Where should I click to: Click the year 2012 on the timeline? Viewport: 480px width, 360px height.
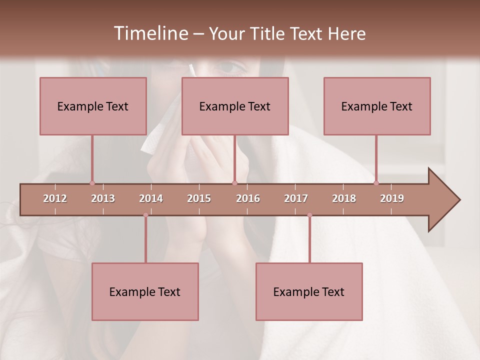tap(55, 198)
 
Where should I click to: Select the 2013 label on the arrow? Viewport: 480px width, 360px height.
tap(103, 198)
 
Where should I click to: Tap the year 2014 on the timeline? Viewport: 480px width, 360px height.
tap(151, 198)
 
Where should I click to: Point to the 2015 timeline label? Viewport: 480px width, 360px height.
tap(199, 198)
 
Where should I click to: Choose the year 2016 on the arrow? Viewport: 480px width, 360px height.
tap(248, 198)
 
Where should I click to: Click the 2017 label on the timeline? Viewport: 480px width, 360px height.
tap(296, 198)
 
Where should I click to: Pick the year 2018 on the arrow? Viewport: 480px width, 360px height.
tap(344, 198)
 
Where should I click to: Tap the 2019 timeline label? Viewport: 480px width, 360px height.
tap(392, 198)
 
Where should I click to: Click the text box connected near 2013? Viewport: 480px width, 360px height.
tap(93, 106)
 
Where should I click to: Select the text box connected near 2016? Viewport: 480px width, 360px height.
tap(235, 106)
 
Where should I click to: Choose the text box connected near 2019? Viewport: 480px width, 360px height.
tap(377, 106)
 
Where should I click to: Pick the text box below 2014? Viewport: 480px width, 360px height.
tap(145, 291)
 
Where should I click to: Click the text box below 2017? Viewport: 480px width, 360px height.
tap(309, 291)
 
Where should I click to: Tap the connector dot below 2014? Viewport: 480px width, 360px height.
tap(145, 215)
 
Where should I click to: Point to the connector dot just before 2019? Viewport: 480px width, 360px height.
tap(376, 183)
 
